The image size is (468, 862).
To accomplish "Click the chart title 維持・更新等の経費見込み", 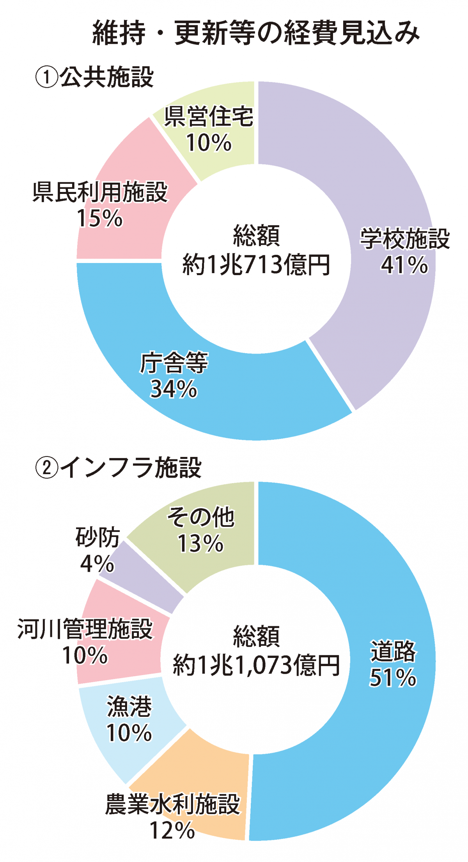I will pos(255,33).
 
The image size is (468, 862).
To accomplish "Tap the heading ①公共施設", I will pos(95,77).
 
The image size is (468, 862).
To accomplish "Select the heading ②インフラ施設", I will pos(119,467).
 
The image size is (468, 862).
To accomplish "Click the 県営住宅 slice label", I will pos(209,116).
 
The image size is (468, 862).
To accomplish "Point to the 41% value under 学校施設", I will pos(404,265).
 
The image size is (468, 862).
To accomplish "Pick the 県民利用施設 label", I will pos(100,192).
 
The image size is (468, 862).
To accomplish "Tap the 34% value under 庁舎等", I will pos(174,389).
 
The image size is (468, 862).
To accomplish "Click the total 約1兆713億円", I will pos(256,265).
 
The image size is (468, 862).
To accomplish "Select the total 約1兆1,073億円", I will pos(256,665).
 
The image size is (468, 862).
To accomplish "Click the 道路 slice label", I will pos(393,651).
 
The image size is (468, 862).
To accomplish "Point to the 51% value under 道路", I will pos(393,678).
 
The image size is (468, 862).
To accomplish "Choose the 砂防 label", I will pos(97,537).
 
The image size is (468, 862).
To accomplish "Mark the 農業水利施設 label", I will pos(172,804).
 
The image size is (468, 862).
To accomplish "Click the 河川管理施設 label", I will pos(85,629).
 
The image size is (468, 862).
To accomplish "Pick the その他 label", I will pos(201,517).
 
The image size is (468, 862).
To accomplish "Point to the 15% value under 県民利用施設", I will pos(100,218).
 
